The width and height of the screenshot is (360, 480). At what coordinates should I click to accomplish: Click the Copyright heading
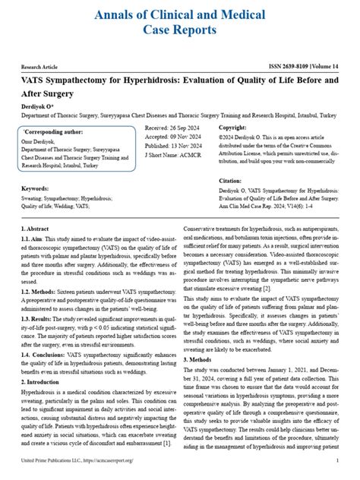[x=232, y=128]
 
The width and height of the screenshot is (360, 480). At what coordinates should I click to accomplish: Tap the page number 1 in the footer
[x=337, y=460]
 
